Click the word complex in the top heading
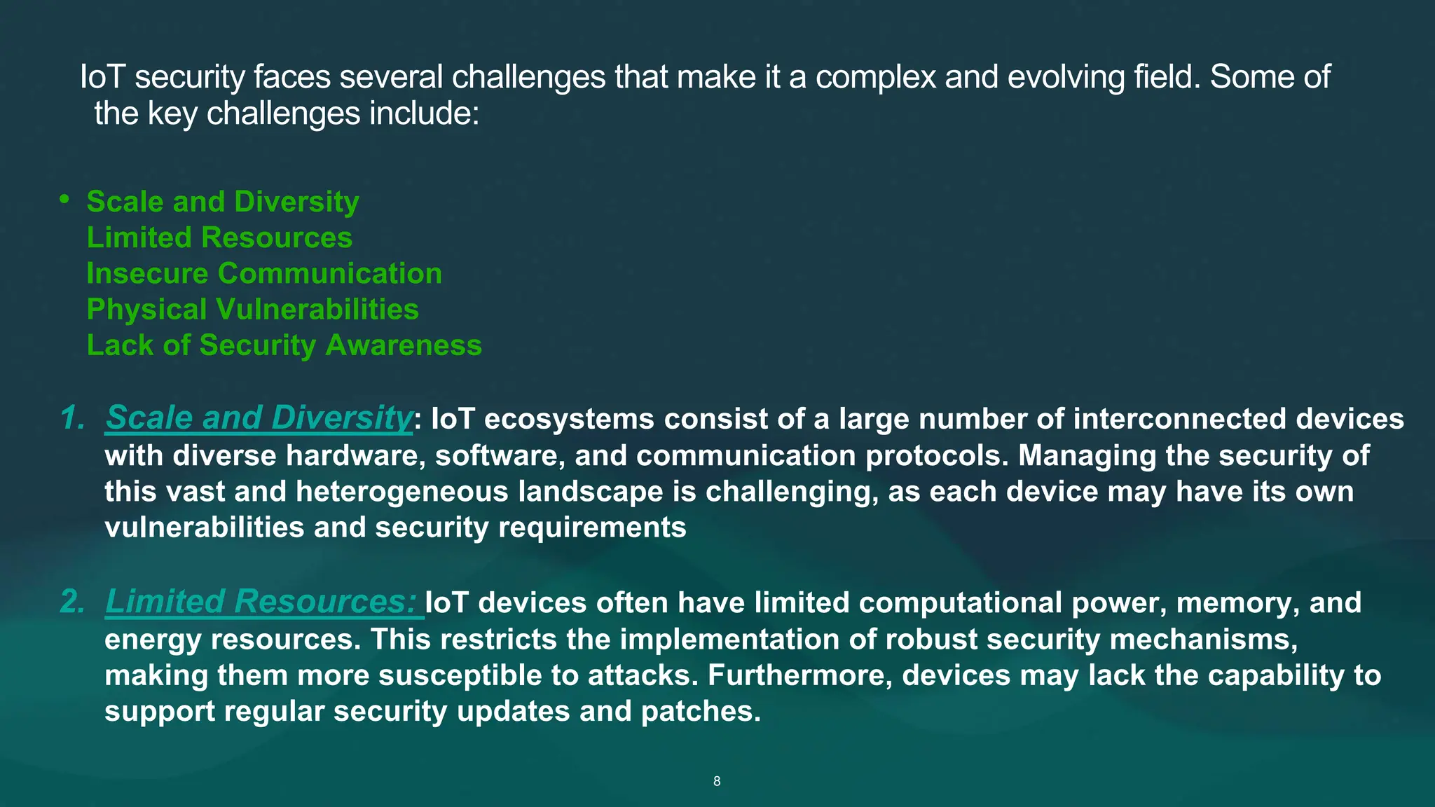pos(875,77)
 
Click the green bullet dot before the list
pos(64,200)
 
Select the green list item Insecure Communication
pos(264,273)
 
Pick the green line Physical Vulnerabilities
pos(252,309)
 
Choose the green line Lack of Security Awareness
pos(284,345)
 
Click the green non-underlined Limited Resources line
pos(219,237)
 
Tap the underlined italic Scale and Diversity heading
pos(259,418)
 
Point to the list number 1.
pos(72,418)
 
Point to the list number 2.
pos(72,602)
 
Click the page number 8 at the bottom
pos(717,781)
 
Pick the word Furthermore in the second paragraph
pos(799,676)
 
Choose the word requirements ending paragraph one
pos(591,527)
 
